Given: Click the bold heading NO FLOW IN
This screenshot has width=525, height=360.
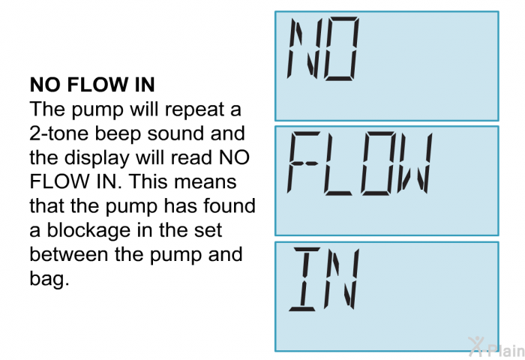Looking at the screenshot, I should [x=92, y=85].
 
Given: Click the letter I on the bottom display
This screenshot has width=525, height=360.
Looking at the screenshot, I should [x=304, y=280].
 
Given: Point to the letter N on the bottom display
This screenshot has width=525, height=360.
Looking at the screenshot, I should [x=341, y=280].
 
